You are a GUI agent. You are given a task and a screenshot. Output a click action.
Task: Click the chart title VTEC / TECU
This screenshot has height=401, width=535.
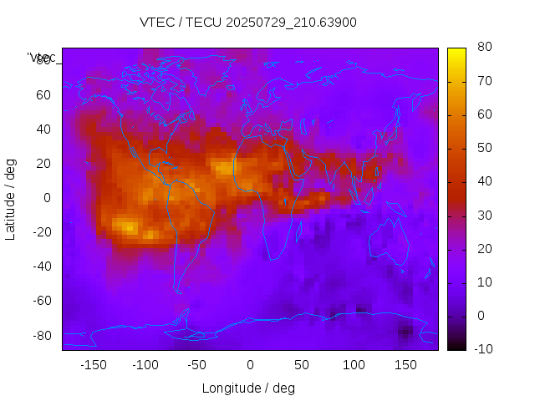247,23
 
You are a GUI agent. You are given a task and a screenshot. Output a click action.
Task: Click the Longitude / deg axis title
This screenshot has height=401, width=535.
248,388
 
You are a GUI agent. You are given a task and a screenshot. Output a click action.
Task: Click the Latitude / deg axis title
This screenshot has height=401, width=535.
11,198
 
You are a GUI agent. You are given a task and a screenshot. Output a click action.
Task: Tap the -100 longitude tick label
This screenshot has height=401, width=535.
145,365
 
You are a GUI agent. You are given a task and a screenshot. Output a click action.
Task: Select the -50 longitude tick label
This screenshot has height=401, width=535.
197,365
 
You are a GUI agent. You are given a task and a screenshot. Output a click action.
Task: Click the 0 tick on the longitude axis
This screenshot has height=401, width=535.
250,365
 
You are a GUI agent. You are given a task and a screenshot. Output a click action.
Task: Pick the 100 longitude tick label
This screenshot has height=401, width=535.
354,365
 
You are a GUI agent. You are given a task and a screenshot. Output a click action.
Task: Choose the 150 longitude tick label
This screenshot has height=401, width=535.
405,365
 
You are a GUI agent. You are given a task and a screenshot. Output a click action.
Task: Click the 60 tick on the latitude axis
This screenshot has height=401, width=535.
43,94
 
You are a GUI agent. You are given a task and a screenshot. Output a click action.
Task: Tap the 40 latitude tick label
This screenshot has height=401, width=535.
43,129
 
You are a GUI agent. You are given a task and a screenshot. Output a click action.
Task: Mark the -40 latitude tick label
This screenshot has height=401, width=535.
41,266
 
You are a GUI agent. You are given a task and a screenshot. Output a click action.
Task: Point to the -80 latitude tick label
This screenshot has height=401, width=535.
41,335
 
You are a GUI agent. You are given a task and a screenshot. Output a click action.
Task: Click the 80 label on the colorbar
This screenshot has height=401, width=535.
484,48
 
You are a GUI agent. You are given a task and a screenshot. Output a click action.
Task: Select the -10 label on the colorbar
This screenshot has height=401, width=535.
482,349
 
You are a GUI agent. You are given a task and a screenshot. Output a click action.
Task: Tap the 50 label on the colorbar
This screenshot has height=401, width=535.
484,148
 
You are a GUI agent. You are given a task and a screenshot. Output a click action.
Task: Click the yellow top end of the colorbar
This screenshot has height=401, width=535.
456,52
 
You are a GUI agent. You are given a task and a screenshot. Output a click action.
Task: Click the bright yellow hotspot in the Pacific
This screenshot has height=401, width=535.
125,226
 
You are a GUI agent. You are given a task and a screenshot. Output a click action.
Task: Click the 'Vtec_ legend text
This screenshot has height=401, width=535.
42,58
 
